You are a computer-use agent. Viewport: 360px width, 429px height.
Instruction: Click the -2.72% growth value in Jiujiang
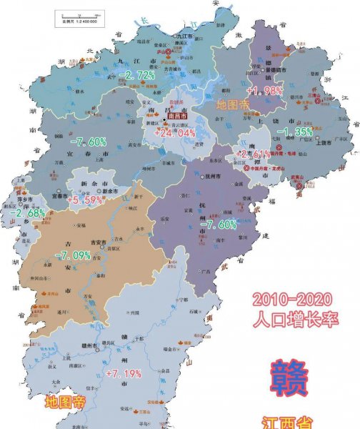coord(137,75)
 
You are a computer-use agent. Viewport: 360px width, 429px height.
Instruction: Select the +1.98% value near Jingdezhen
coord(264,91)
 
